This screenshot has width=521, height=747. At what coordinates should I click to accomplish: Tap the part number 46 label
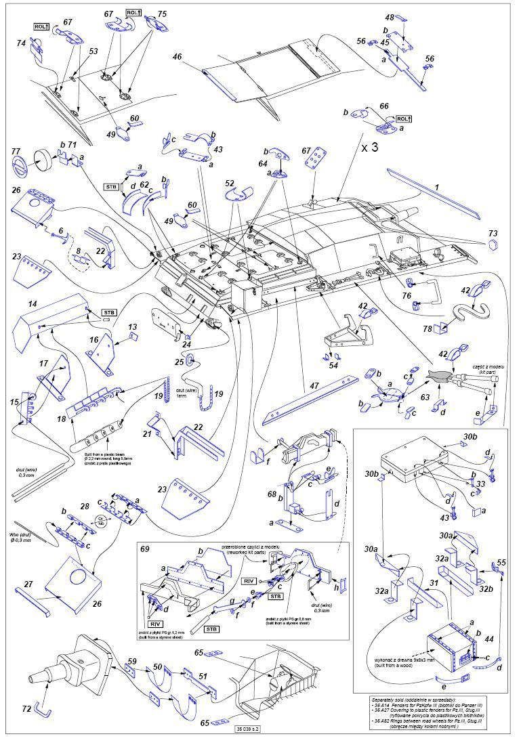click(x=178, y=59)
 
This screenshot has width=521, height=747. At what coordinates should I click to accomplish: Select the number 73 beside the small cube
click(x=492, y=232)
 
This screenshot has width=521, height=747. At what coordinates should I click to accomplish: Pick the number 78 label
click(x=428, y=328)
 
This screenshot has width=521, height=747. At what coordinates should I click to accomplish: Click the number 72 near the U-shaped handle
click(x=26, y=708)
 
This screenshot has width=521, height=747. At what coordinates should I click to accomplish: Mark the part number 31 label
click(x=434, y=582)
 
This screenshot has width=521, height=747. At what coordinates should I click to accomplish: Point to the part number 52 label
click(x=230, y=184)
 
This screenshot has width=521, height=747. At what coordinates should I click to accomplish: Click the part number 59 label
click(x=131, y=660)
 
